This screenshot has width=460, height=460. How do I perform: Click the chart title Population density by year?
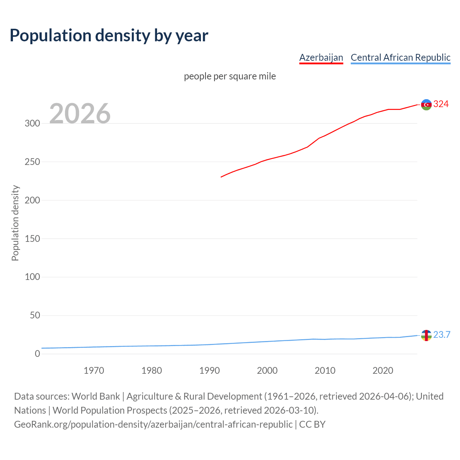(109, 36)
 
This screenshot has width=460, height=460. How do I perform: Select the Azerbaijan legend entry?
(321, 57)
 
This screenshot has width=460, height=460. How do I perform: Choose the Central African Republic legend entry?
(400, 57)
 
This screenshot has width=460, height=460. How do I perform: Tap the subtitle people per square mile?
(230, 77)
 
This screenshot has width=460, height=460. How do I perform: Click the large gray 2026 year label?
(80, 114)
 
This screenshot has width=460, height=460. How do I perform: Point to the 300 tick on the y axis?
(32, 124)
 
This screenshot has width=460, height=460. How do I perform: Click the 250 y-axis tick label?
(32, 162)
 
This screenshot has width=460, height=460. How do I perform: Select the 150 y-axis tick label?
(32, 239)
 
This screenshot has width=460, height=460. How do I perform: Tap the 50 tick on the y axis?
(35, 316)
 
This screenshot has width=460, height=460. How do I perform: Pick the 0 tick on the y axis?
(37, 354)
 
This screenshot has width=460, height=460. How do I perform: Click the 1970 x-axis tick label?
(94, 371)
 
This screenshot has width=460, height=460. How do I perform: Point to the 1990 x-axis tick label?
(210, 371)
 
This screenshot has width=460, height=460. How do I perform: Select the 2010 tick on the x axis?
(325, 371)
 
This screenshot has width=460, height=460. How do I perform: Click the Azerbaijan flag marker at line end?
(426, 105)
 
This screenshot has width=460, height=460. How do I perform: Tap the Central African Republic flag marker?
(426, 335)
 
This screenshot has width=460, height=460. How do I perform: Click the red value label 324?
(441, 104)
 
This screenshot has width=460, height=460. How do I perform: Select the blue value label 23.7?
(442, 335)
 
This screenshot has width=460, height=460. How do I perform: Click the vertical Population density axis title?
(15, 223)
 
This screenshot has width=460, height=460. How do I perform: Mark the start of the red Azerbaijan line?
(221, 177)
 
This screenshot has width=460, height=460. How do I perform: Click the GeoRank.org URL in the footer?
(153, 424)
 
